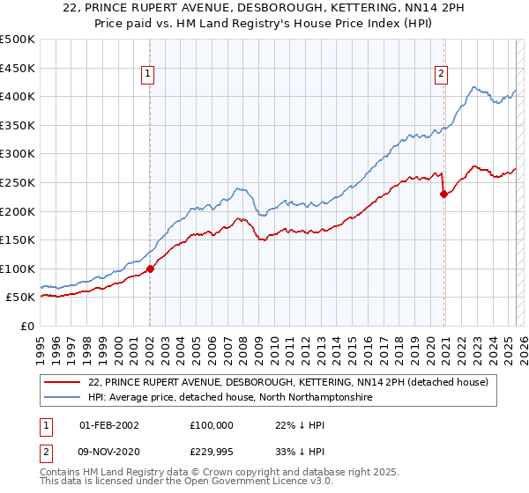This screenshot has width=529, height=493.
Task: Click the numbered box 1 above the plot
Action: point(149,74)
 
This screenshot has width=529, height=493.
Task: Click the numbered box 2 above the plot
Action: point(440,74)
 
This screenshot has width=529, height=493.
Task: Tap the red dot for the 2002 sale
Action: point(150,269)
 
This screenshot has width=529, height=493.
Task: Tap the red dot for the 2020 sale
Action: point(443,195)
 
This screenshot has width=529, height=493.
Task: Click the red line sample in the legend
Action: point(63,382)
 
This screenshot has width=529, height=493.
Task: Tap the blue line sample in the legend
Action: point(63,398)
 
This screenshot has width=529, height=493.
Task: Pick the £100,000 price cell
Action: point(212,424)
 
